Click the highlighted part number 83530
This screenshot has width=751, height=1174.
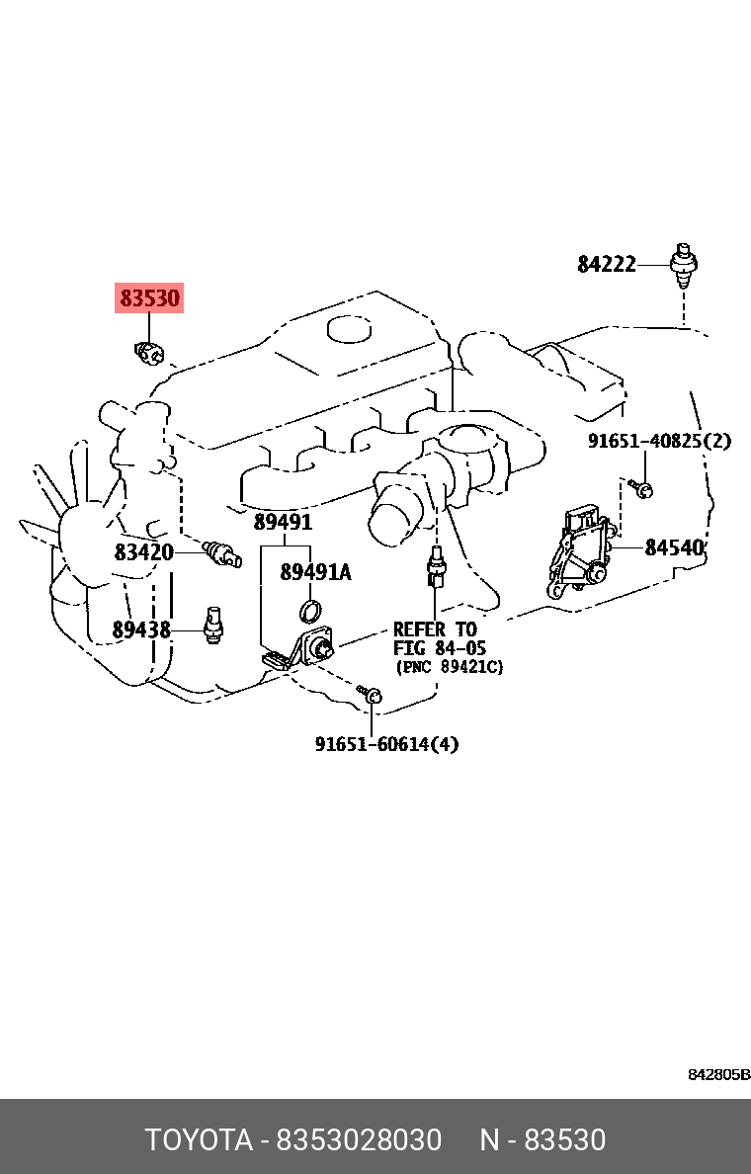pos(149,298)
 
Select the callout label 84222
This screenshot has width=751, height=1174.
pos(607,264)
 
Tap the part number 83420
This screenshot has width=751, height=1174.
pos(143,552)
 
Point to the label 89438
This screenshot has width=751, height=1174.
pos(141,629)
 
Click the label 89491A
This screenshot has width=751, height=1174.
pos(315,572)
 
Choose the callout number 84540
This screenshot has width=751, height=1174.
pos(675,548)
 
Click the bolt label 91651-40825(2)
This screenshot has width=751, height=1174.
pos(659,441)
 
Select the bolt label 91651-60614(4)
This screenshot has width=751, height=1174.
pos(386,744)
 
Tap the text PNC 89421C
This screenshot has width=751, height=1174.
pos(450,666)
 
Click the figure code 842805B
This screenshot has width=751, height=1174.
pos(718,1075)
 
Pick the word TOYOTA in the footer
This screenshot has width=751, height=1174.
pos(199,1139)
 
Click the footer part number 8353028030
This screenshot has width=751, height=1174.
pos(360,1139)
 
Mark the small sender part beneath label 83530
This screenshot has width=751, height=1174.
pos(150,352)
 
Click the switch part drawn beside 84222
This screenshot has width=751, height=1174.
pos(684,265)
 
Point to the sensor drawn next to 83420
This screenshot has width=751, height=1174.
pos(221,554)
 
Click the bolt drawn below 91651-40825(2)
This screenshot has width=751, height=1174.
pos(642,489)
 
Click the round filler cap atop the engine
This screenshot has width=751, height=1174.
pos(350,329)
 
